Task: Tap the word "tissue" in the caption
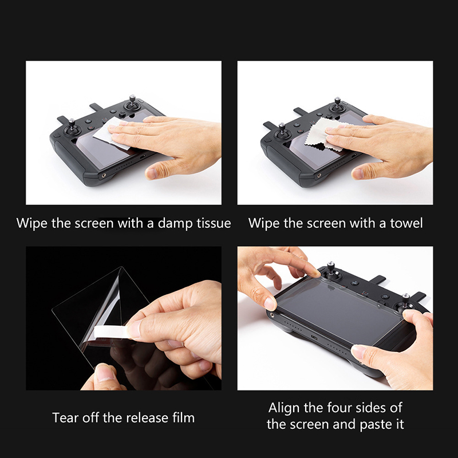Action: click(x=214, y=223)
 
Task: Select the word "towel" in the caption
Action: click(x=406, y=223)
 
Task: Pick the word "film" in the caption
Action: click(x=183, y=418)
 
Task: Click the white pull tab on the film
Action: click(x=110, y=333)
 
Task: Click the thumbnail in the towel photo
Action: click(x=359, y=174)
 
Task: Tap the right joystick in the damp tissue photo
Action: click(x=132, y=103)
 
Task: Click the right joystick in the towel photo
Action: click(x=338, y=105)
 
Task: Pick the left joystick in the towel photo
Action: click(x=282, y=131)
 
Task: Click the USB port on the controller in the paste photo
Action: click(x=314, y=338)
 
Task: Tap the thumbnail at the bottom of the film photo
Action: click(x=103, y=373)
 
